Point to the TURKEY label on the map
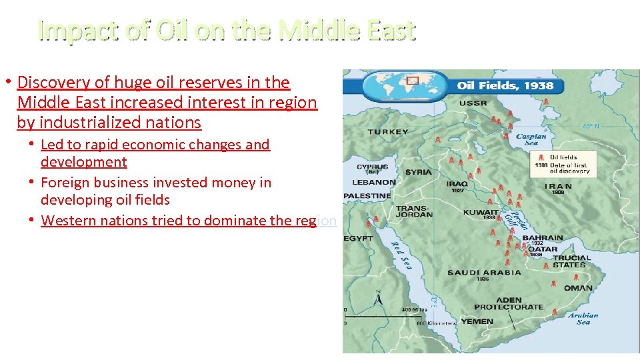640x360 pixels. point(388,132)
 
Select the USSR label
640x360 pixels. point(472,103)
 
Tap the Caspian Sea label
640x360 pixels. point(531,139)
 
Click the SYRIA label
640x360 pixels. point(418,172)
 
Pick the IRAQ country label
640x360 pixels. point(457,183)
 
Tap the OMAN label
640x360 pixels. point(577,288)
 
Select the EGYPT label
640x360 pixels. point(359,238)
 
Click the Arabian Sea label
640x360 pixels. point(583,319)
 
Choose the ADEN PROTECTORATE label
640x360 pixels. point(508,303)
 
